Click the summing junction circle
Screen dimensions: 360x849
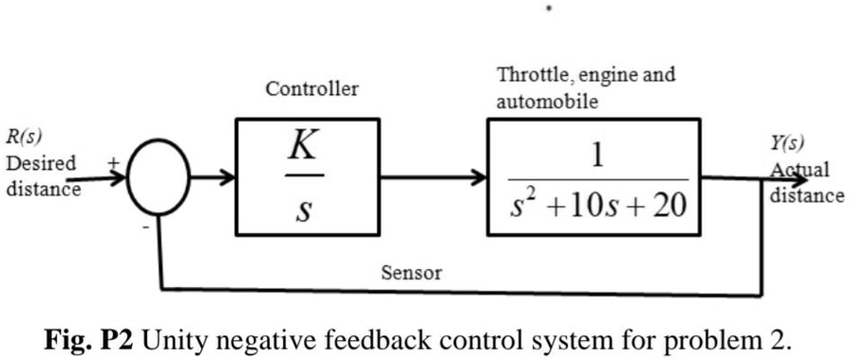pyautogui.click(x=159, y=178)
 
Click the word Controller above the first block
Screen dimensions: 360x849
pyautogui.click(x=311, y=89)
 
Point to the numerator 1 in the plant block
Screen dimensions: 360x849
pyautogui.click(x=597, y=154)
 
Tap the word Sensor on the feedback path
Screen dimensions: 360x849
pyautogui.click(x=411, y=274)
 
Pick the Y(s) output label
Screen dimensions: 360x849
pyautogui.click(x=787, y=143)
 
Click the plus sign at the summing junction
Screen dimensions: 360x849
pyautogui.click(x=113, y=162)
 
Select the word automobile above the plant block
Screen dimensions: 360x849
pyautogui.click(x=547, y=102)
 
